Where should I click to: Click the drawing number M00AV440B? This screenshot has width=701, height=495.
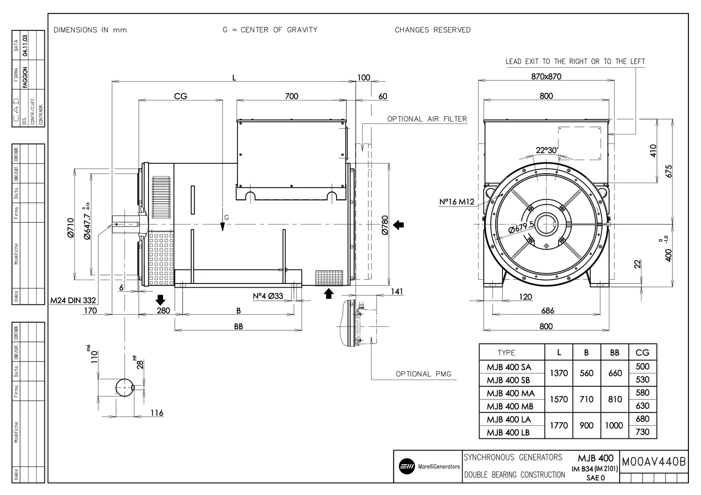(654, 462)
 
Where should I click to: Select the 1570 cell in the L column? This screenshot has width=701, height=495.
(559, 399)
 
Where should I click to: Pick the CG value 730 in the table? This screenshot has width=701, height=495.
(642, 432)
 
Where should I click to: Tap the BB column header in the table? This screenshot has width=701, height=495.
(615, 353)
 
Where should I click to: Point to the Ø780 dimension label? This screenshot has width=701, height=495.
(385, 225)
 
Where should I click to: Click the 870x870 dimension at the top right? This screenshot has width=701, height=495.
(546, 77)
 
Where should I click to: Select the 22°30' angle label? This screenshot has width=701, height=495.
(546, 150)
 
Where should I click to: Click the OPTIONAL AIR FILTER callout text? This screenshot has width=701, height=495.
(427, 119)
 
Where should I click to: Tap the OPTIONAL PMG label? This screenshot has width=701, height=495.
(423, 374)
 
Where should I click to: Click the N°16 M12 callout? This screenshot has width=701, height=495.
(457, 202)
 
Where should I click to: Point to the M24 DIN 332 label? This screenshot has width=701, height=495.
(73, 300)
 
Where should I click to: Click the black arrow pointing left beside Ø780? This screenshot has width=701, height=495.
(399, 225)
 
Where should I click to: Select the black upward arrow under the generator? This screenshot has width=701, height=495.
(329, 293)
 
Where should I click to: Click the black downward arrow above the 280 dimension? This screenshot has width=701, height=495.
(160, 300)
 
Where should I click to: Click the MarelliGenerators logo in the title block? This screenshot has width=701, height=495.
(407, 466)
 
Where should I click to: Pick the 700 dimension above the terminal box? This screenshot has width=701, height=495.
(291, 96)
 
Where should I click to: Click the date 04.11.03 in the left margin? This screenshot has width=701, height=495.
(25, 46)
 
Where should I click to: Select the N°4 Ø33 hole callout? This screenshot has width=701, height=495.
(268, 296)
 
